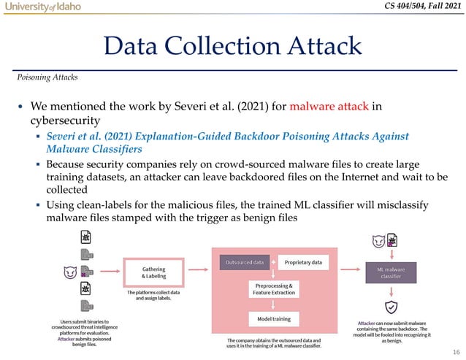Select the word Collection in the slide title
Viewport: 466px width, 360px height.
pyautogui.click(x=237, y=47)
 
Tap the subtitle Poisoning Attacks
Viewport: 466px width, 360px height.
pyautogui.click(x=49, y=76)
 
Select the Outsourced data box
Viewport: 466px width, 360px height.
pyautogui.click(x=244, y=262)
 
